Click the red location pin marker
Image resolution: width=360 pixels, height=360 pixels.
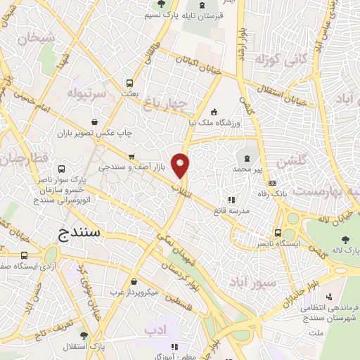click(181, 165)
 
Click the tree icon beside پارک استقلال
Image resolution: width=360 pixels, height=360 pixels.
click(84, 335)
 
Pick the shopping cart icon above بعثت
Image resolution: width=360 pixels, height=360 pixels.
click(129, 81)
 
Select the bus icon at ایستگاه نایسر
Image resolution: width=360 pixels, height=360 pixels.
click(278, 233)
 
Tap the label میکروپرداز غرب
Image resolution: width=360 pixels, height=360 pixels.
click(139, 290)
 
